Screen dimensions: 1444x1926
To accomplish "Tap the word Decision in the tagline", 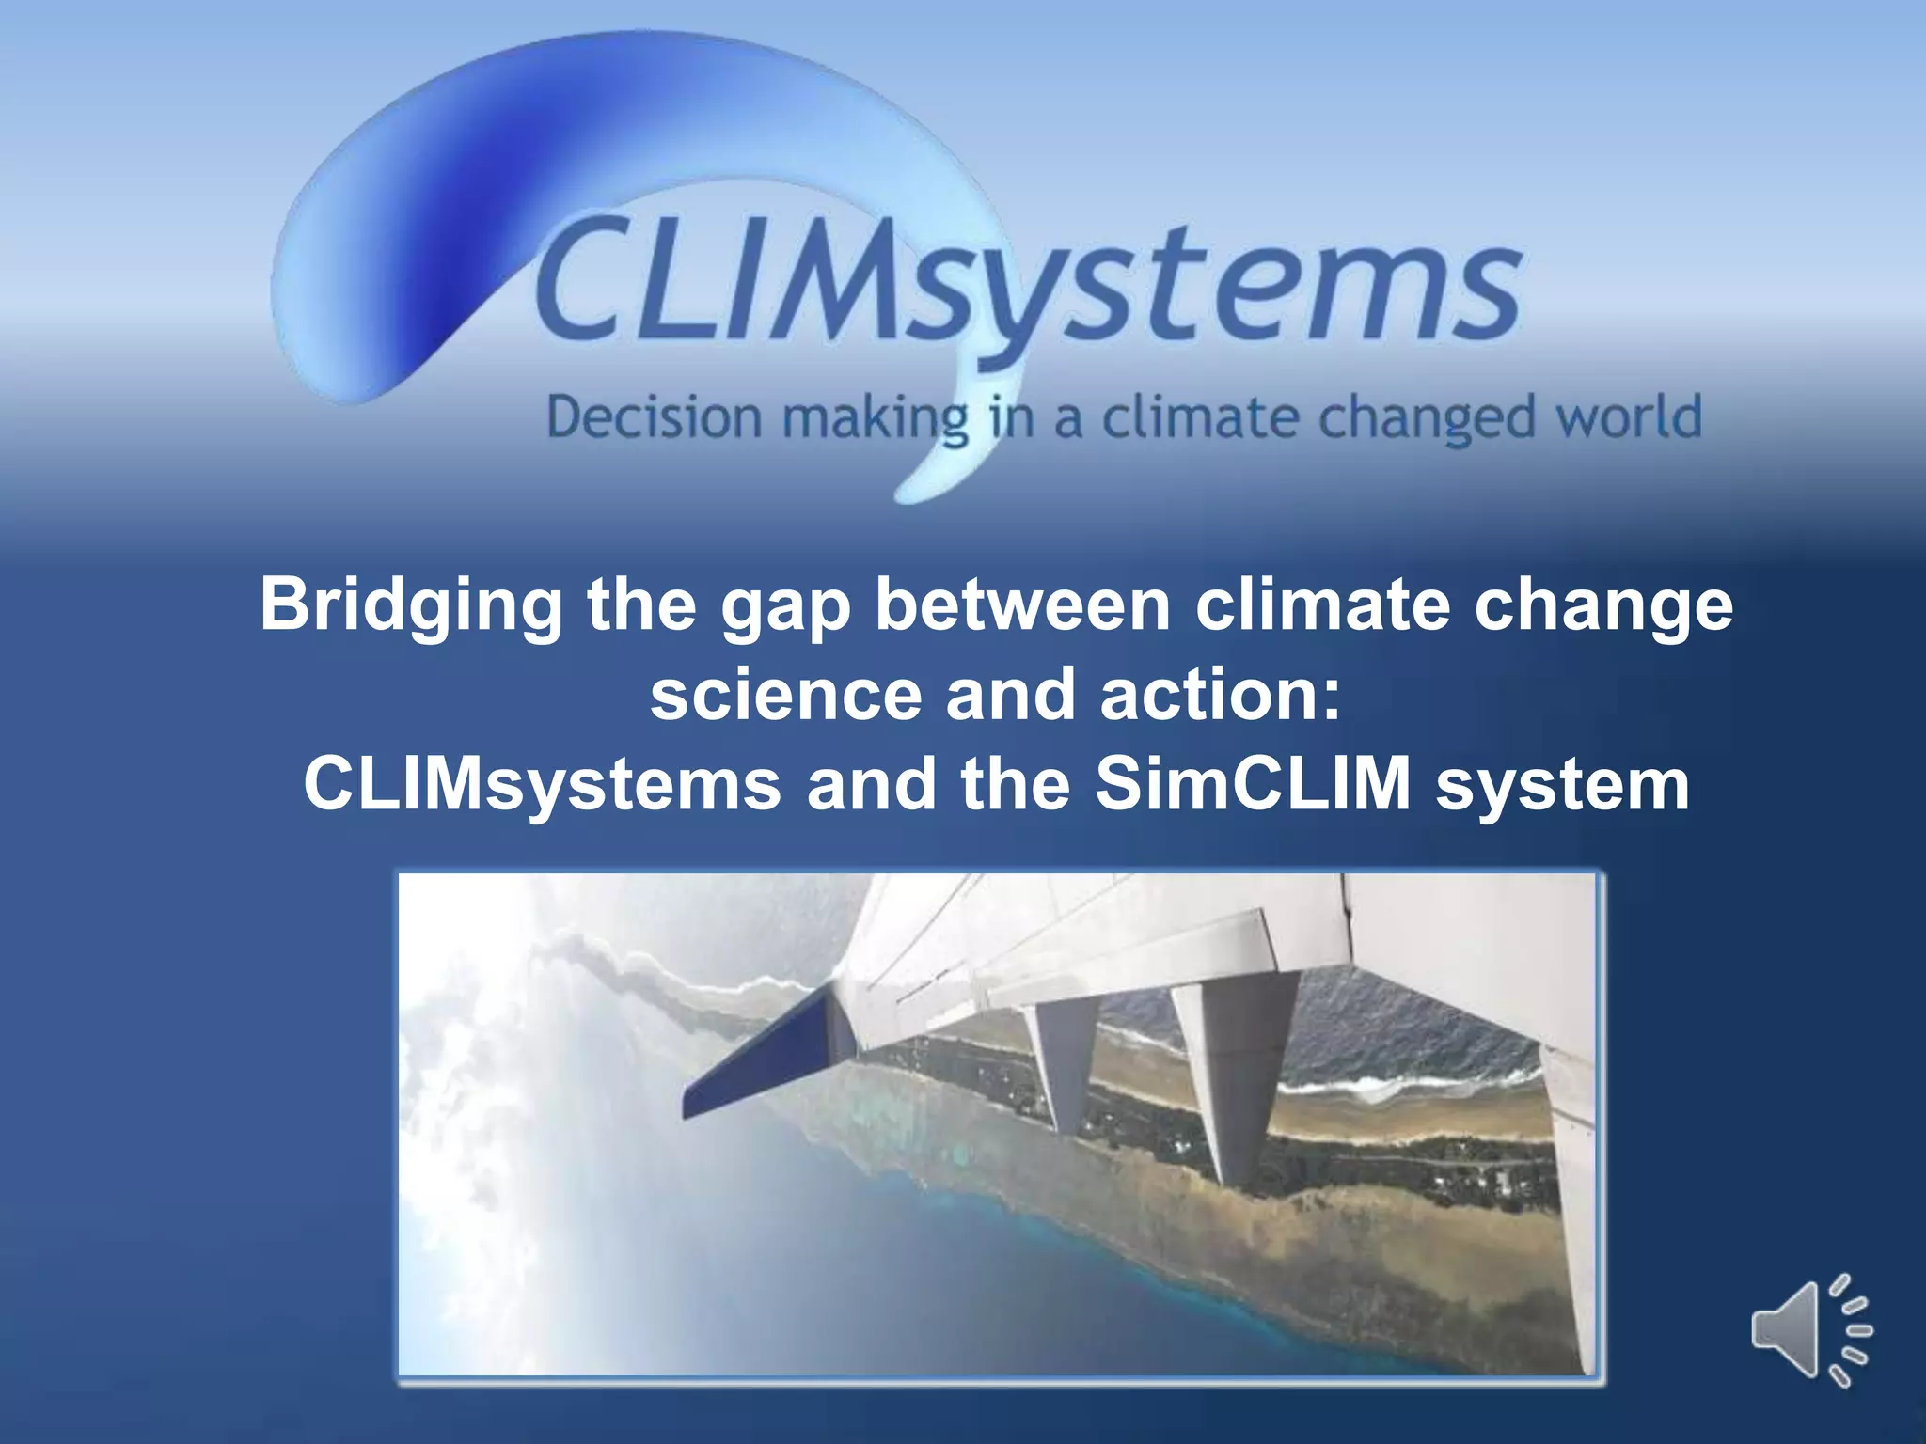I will coord(654,416).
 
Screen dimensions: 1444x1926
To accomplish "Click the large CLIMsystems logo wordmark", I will coord(1025,282).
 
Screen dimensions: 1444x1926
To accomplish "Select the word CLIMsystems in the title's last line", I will coord(542,786).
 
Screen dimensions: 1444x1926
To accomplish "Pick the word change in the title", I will coord(1603,606).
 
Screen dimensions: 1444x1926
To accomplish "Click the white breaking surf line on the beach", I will coord(1364,1091).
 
